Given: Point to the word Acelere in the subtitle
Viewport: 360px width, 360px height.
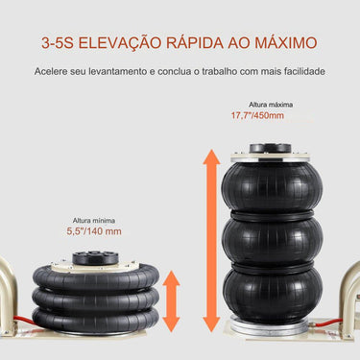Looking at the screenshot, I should [x=54, y=72].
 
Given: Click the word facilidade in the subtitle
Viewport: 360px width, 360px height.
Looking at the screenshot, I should [x=300, y=72].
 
